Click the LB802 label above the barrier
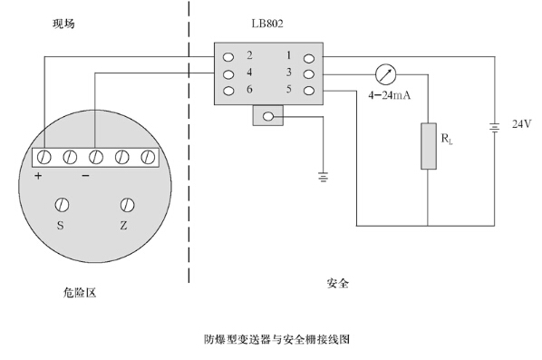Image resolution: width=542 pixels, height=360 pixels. point(267,24)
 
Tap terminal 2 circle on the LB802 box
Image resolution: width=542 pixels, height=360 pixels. point(228,57)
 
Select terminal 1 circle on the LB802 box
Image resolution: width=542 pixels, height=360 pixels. point(309,58)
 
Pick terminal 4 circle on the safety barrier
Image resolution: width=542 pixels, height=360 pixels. point(228,74)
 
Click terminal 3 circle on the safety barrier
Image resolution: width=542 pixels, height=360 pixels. point(309,74)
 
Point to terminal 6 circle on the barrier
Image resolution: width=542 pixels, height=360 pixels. point(228,91)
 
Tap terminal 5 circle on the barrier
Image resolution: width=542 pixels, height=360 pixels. point(309,91)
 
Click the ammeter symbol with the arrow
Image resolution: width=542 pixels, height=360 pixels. point(385,74)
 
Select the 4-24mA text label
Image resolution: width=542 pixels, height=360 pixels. point(389,95)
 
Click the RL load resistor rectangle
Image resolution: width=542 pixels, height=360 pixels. point(429,146)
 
